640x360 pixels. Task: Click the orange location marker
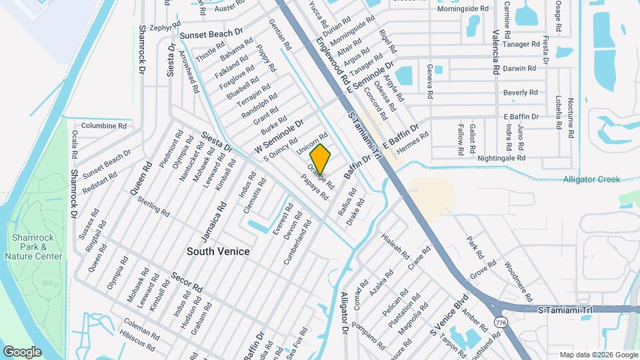click(321, 159)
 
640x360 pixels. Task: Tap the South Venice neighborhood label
click(218, 251)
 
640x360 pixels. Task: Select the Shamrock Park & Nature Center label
click(37, 247)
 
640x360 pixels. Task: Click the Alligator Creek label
click(591, 179)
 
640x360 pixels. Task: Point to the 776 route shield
click(499, 322)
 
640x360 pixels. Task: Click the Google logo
click(22, 351)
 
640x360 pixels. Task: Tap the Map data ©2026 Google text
click(598, 355)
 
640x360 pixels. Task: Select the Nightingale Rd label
click(502, 158)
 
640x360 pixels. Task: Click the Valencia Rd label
click(495, 52)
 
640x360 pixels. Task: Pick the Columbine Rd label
click(103, 125)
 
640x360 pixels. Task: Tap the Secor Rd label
click(187, 283)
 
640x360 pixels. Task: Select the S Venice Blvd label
click(450, 320)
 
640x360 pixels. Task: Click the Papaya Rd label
click(315, 188)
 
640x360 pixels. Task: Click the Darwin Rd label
click(520, 68)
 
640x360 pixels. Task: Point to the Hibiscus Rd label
click(137, 339)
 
